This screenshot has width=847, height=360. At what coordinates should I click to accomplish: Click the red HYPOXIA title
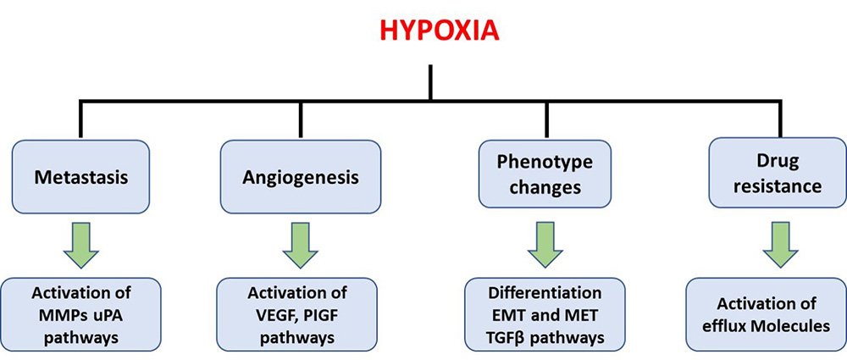(x=439, y=30)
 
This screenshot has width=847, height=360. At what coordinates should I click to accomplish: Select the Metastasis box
(x=81, y=176)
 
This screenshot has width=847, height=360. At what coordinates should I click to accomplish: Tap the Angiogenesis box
(x=301, y=176)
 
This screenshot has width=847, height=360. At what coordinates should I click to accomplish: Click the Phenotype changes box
(x=545, y=174)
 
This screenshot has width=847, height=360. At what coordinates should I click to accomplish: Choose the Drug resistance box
(x=778, y=173)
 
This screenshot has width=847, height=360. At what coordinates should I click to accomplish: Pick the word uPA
(x=108, y=315)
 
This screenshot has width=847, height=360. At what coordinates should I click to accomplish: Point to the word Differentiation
(x=545, y=294)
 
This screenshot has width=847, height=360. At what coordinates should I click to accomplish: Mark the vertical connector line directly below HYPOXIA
(x=430, y=82)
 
